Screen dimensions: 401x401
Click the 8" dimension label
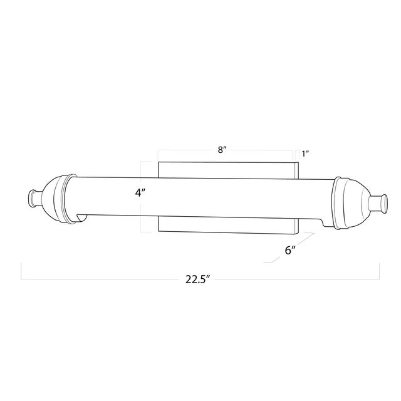coord(222,150)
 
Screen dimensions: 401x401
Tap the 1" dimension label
coord(306,154)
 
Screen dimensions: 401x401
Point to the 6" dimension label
coord(290,250)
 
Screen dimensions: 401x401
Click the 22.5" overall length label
coord(198,279)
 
